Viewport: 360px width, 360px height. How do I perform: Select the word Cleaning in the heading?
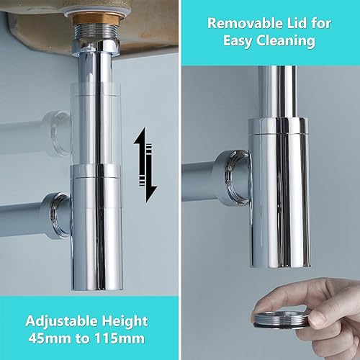(x=286, y=40)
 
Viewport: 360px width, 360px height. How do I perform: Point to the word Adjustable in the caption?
(x=61, y=321)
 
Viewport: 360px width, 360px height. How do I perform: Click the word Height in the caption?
(x=125, y=321)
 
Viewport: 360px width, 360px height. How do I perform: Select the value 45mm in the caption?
(x=50, y=338)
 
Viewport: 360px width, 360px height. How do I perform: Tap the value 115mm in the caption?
(x=120, y=338)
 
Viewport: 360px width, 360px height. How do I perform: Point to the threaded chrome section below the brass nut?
(x=96, y=32)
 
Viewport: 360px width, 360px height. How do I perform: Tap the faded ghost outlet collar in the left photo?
(x=59, y=132)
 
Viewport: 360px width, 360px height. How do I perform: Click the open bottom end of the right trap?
(x=280, y=265)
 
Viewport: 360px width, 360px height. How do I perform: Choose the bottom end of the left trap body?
(x=97, y=287)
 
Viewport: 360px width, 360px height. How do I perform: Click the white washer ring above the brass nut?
(x=98, y=11)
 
